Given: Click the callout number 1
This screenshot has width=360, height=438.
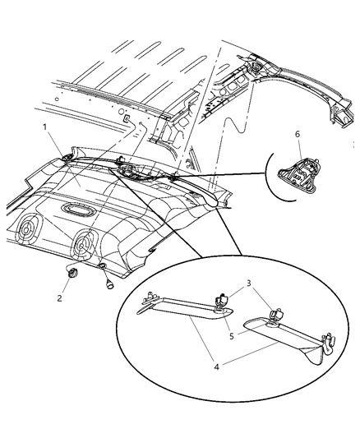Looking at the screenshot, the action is coord(44,127).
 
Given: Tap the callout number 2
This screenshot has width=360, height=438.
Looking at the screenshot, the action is coord(59,298).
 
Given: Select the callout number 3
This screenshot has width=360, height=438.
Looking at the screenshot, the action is coord(248,283).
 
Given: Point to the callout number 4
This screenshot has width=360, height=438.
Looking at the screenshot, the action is coord(216,367).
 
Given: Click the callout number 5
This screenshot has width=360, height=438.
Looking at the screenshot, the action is coord(232,336).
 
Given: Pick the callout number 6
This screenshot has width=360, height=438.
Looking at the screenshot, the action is coord(298,134).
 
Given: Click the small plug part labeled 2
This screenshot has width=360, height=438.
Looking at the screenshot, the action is coord(73,272).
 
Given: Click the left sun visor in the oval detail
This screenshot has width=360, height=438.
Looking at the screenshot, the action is coord(186,308).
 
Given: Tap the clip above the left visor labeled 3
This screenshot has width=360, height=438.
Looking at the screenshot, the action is coord(223,301).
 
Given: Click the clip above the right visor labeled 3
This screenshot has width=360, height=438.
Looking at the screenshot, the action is coord(275,315).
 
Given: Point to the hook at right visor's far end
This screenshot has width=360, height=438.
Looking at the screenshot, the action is coord(329,341).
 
